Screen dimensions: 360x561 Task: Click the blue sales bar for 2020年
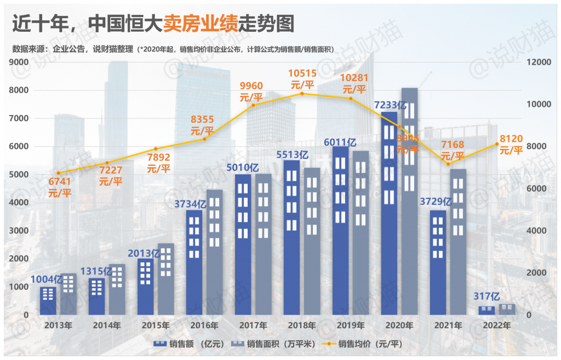389,214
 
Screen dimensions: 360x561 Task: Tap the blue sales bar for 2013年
48,301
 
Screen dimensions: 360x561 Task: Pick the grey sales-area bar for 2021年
457,241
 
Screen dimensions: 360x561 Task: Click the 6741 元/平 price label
60,187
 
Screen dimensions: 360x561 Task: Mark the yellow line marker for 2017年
253,105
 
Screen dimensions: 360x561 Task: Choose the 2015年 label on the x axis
155,325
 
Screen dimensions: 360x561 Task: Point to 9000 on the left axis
19,62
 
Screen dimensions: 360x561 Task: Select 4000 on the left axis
19,203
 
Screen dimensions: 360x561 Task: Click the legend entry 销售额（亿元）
189,344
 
